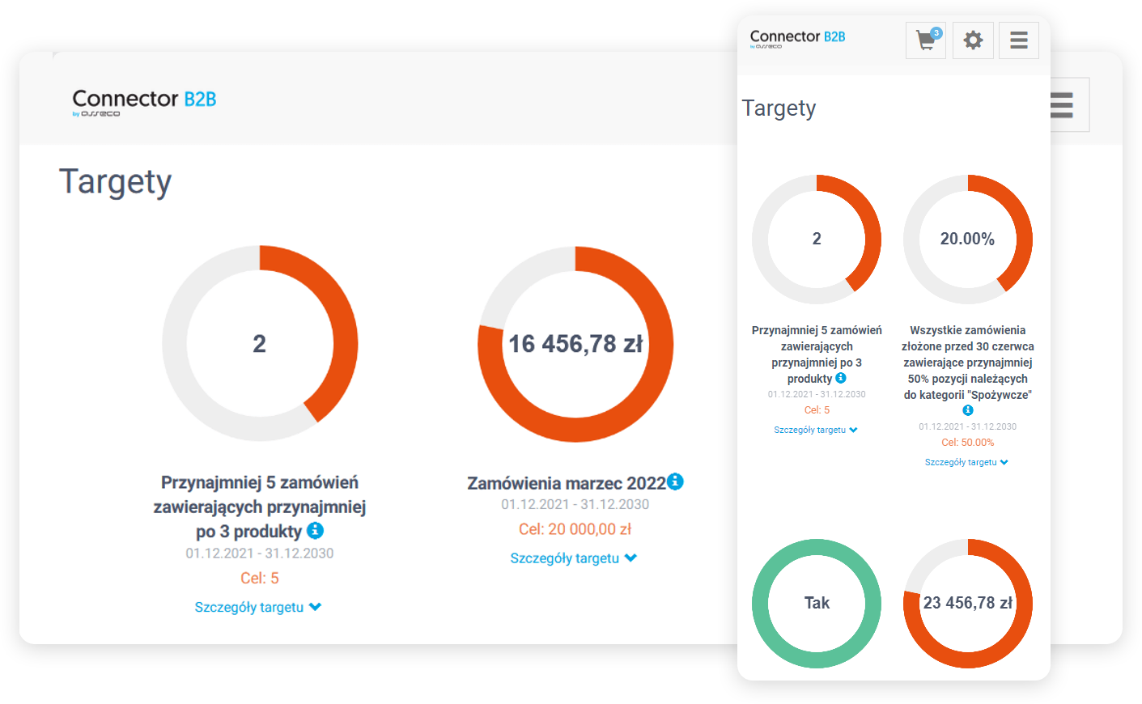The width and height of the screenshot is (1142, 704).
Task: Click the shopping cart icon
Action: tap(924, 40)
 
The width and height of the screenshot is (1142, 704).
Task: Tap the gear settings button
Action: tap(973, 40)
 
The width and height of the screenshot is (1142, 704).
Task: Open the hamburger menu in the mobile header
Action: tap(1019, 40)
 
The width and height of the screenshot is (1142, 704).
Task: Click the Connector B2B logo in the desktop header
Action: tap(144, 101)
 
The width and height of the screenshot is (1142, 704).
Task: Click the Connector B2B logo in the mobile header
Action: tap(797, 37)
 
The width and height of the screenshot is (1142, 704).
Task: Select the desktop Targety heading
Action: tap(115, 182)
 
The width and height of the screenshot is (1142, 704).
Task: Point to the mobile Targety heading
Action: tap(779, 108)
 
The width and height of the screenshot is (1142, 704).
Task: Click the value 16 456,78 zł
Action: tap(575, 344)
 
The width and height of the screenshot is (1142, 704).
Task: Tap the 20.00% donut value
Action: tap(967, 239)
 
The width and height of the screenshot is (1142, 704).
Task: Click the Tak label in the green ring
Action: tap(817, 603)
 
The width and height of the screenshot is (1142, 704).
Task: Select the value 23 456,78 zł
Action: tap(968, 603)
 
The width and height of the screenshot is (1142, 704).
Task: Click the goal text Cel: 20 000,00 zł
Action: tap(575, 529)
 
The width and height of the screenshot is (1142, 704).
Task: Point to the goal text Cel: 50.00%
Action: tap(967, 443)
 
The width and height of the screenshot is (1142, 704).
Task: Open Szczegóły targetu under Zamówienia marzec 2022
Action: tap(573, 558)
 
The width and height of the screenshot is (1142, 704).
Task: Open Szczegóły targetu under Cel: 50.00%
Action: tap(966, 462)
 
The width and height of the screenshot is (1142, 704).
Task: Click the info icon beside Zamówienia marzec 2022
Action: tap(675, 481)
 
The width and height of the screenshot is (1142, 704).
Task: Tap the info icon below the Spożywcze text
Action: tap(967, 410)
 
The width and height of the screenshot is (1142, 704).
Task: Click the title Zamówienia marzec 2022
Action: tap(566, 483)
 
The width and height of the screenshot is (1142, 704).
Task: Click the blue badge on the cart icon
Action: tap(936, 33)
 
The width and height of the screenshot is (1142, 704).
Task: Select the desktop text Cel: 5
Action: tap(259, 579)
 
